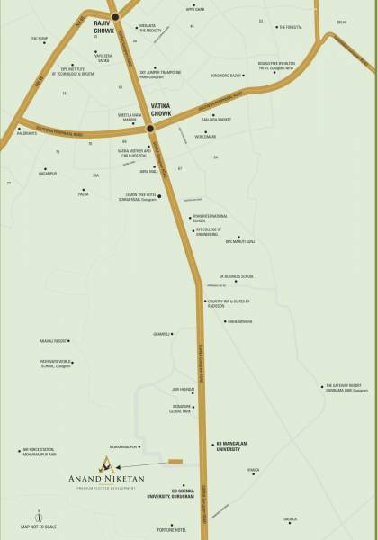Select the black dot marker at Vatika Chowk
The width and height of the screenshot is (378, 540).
point(149,129)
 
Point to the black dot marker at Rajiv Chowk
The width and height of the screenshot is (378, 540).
point(114,16)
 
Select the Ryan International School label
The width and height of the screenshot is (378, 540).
point(210,219)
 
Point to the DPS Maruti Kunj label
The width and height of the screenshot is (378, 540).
point(242,240)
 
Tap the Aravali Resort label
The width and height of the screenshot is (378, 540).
point(49,342)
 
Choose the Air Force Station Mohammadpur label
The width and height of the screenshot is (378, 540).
point(40,454)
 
